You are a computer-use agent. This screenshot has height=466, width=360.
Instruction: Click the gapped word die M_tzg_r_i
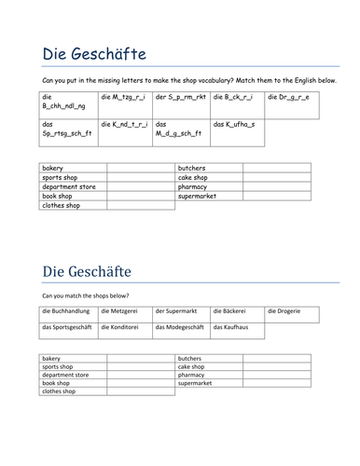click(124, 96)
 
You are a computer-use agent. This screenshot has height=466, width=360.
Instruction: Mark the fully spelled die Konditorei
click(123, 327)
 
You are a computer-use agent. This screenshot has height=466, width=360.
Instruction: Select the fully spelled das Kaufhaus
click(232, 327)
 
